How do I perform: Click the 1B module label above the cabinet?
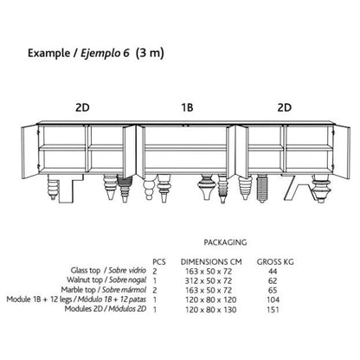click(x=187, y=107)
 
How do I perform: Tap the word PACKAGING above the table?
click(x=225, y=242)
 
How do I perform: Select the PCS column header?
click(x=159, y=261)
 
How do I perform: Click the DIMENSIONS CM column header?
click(x=211, y=261)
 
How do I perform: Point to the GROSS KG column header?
click(x=275, y=261)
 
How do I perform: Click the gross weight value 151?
click(x=273, y=310)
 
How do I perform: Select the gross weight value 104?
click(x=273, y=300)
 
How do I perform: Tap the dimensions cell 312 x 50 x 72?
click(x=209, y=280)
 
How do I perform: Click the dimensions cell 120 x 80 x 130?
click(x=211, y=310)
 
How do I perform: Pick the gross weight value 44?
click(x=273, y=271)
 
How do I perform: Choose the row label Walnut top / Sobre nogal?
click(x=106, y=280)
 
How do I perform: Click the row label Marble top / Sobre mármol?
click(x=104, y=290)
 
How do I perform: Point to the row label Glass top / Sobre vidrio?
click(x=108, y=271)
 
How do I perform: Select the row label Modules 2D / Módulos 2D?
click(x=106, y=309)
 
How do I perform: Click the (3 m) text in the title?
click(x=150, y=53)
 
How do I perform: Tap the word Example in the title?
click(x=48, y=54)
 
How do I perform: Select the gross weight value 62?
click(x=273, y=280)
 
